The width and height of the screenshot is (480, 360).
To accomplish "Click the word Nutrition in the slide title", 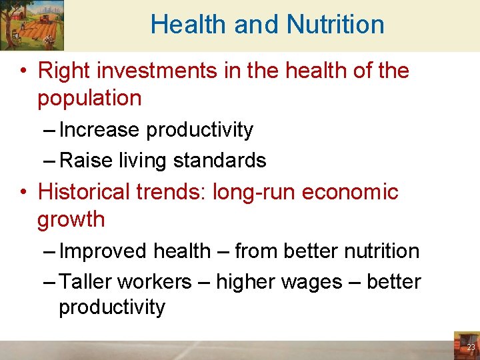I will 335,25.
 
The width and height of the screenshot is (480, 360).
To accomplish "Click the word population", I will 89,98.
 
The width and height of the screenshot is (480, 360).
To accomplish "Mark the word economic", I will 350,191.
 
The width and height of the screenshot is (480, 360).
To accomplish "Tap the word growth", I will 71,219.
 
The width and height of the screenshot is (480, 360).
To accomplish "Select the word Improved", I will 103,251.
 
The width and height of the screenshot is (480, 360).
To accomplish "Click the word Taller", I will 85,282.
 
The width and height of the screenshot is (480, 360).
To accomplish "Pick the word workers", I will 154,282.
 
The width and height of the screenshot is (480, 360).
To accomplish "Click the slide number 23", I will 471,347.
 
